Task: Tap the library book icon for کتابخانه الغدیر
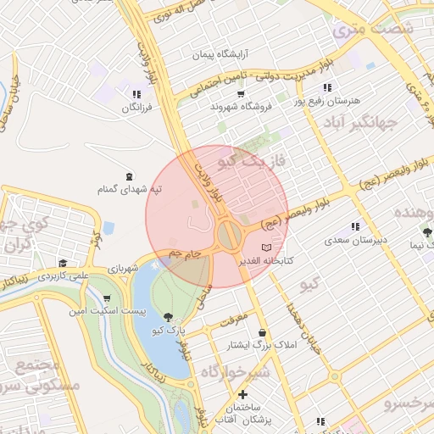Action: (x=268, y=247)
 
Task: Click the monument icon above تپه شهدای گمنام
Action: (x=128, y=176)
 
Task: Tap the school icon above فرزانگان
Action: (x=136, y=94)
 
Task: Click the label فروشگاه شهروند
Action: (x=239, y=108)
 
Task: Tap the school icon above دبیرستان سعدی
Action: (x=355, y=226)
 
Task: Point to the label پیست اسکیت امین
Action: (x=107, y=312)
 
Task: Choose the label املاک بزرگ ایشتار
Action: (x=262, y=345)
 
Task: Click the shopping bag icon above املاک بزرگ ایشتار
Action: (x=262, y=331)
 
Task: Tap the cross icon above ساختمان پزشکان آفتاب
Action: (x=244, y=395)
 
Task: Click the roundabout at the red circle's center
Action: (x=227, y=233)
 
